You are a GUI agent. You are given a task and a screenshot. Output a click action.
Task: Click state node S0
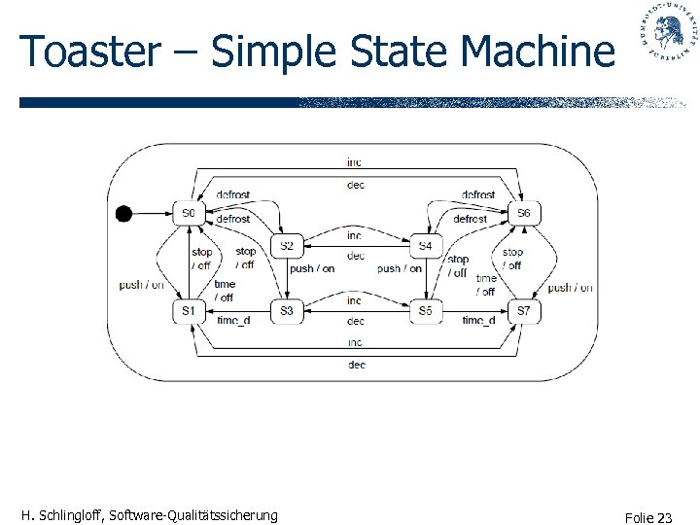click(x=190, y=213)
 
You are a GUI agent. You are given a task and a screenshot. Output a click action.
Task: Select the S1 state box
click(x=190, y=310)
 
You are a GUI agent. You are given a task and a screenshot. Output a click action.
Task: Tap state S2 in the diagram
click(x=287, y=246)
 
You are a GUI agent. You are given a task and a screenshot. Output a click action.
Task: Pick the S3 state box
click(x=287, y=310)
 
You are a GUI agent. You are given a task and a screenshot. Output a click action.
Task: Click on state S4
click(x=425, y=246)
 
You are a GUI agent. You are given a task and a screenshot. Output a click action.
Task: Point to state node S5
click(x=425, y=310)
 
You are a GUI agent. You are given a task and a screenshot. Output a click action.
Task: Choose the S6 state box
click(x=524, y=213)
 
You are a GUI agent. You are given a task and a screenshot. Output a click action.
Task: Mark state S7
click(x=524, y=310)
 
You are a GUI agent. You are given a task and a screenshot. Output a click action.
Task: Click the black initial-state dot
click(x=123, y=214)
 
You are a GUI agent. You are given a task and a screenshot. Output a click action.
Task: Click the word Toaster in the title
click(x=83, y=52)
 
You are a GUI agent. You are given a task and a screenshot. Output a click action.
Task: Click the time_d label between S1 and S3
click(x=234, y=320)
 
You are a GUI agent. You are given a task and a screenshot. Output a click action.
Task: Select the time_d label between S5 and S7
click(x=478, y=320)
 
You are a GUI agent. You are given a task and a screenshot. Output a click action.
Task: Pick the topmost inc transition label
click(x=355, y=161)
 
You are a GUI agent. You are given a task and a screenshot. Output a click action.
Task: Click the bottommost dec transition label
click(x=356, y=365)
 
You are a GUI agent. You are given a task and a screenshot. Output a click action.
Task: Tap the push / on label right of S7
click(x=570, y=287)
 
